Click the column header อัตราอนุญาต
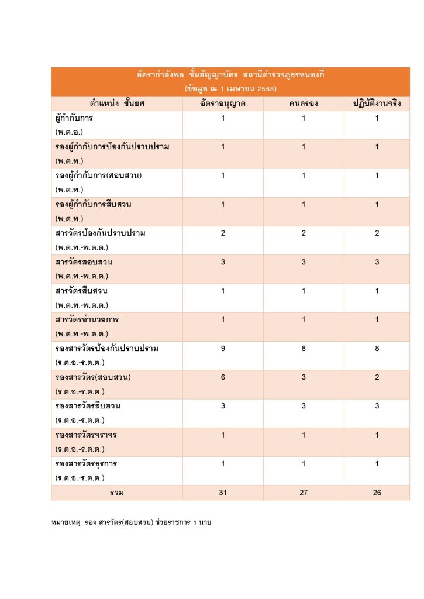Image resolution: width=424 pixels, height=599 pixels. [223, 104]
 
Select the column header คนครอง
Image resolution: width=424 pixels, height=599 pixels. [304, 104]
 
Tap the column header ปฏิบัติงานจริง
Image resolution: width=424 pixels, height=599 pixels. [377, 104]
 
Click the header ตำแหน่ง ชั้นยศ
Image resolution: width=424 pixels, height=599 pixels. [117, 104]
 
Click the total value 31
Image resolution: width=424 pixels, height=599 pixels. [223, 493]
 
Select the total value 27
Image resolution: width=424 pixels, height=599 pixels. [304, 493]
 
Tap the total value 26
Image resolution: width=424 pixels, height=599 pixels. [377, 493]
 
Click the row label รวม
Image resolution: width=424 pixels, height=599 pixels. [117, 493]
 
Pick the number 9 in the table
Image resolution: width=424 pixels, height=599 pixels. [223, 349]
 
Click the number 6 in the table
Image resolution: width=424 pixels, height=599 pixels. [223, 377]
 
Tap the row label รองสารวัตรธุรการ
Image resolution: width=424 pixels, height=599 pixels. [87, 464]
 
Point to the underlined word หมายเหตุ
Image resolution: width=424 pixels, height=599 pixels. [65, 521]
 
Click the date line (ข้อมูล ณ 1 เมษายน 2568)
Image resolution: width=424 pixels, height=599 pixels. [230, 89]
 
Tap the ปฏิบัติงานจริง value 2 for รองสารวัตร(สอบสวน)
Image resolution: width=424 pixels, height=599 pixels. [377, 377]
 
